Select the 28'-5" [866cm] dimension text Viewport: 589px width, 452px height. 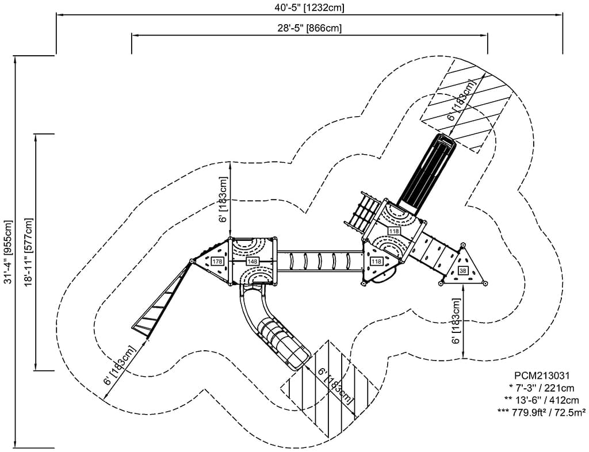(x=309, y=28)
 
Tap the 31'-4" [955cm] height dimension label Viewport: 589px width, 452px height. (x=7, y=251)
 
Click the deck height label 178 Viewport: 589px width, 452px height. (x=217, y=262)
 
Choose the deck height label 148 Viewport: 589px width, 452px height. (x=252, y=262)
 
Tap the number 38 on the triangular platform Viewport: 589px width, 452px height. (x=463, y=271)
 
